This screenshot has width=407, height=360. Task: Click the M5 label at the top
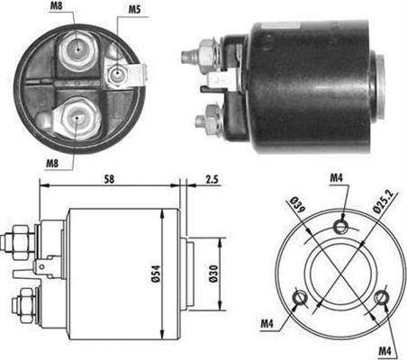coord(133,11)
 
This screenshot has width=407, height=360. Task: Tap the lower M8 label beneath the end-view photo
coord(52,165)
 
